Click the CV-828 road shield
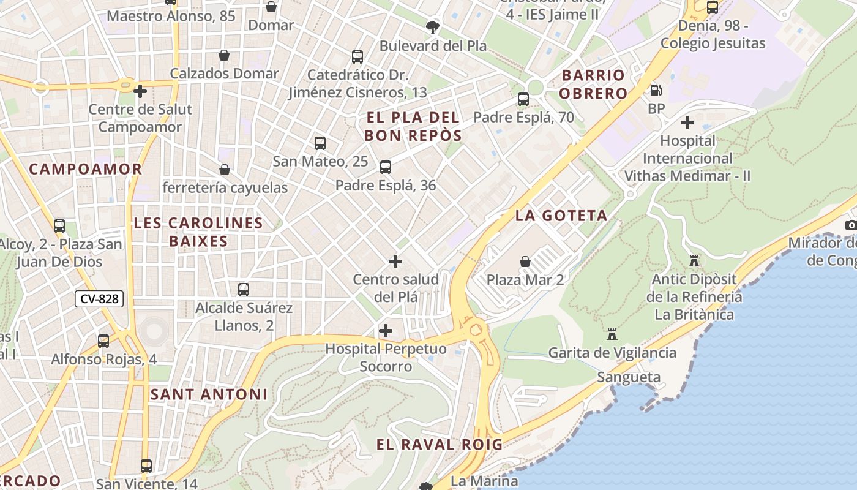99,299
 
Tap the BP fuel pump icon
656,91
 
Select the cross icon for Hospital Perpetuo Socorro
386,331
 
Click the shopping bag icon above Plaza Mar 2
525,262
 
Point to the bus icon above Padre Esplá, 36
386,167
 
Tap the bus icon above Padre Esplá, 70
523,99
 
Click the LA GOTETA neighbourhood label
561,216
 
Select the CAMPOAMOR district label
86,169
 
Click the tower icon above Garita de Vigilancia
612,334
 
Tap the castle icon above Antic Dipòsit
694,261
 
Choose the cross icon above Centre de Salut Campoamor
140,91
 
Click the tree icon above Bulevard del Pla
433,27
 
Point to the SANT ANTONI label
209,394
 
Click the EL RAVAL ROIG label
439,445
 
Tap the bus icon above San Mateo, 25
320,143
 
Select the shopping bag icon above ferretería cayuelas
225,170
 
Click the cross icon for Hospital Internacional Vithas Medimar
687,123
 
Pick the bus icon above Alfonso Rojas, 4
103,341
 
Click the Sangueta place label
629,377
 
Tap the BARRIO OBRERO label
593,85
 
